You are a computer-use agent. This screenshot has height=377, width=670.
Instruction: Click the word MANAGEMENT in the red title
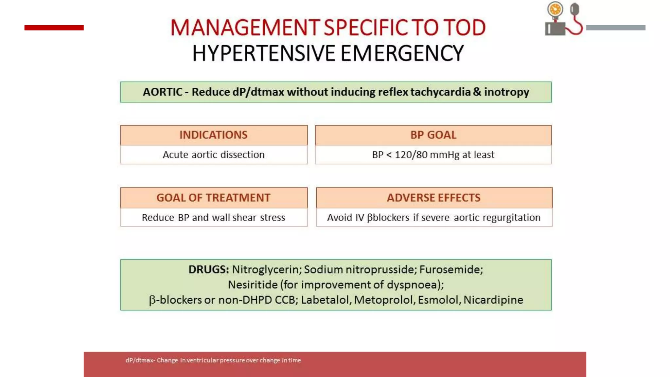point(245,27)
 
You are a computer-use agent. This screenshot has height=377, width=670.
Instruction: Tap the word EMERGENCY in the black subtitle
point(402,53)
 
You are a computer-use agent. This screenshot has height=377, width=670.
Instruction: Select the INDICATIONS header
point(214,135)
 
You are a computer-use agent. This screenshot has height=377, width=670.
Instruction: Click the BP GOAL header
point(433,135)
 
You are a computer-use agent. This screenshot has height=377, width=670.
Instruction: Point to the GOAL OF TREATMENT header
point(213,198)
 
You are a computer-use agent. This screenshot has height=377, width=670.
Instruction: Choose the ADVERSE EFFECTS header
point(434,198)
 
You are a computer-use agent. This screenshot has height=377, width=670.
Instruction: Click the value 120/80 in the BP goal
point(411,154)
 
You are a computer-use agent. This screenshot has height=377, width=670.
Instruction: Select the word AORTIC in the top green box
point(163,92)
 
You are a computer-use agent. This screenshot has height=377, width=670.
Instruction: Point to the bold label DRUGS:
point(208,269)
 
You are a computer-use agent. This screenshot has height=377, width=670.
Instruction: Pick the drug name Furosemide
point(451,269)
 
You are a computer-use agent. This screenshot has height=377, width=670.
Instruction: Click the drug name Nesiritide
point(253,285)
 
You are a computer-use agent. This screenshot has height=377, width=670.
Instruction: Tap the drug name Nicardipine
point(493,300)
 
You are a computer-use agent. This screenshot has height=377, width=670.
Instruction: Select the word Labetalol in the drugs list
point(326,300)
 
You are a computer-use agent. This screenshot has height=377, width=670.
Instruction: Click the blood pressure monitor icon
point(563,19)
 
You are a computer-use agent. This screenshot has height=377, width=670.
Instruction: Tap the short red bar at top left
point(54,28)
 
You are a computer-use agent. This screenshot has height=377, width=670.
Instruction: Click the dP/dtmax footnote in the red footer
point(213,360)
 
